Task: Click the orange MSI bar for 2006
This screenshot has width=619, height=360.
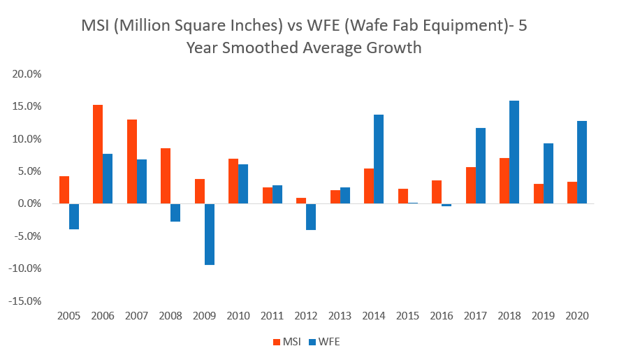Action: (98, 154)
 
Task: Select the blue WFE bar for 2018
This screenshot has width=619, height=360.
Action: (514, 152)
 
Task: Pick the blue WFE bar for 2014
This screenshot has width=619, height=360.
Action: (379, 159)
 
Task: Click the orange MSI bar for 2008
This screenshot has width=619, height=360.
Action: (166, 176)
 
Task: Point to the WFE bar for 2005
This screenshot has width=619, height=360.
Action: (74, 217)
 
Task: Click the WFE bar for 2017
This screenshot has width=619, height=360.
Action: (480, 166)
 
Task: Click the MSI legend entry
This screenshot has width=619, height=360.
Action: (285, 342)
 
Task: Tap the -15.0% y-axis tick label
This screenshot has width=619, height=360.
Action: (27, 301)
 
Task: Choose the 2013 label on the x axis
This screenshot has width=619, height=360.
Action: (340, 316)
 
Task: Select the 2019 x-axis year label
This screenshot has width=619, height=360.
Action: (544, 316)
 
